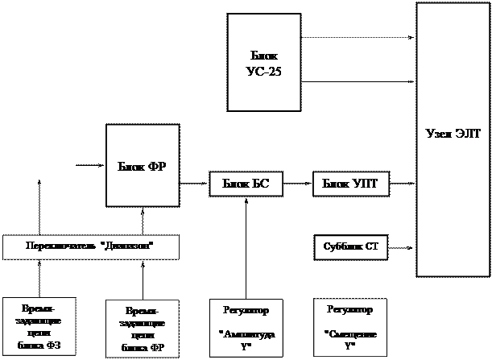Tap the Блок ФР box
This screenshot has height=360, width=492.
pos(143,166)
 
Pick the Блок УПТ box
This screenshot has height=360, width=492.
pos(350,184)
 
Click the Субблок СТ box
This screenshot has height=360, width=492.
pos(350,246)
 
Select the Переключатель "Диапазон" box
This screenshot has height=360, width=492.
pos(90,246)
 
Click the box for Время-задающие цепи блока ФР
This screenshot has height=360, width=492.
pos(143,329)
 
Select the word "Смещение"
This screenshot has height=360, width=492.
pos(349,333)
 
